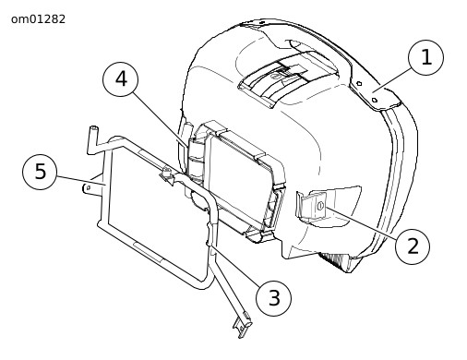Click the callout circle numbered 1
coord(425,57)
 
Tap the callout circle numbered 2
coord(413,246)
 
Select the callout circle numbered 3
coord(273,298)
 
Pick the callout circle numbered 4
coord(120,79)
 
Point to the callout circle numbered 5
coord(40,172)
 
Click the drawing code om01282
coord(38,19)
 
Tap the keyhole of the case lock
coord(320,206)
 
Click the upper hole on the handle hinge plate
coord(359,83)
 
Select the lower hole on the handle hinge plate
coord(375,100)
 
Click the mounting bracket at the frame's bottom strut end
coord(243,325)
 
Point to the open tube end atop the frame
coord(93,128)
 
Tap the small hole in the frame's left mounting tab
coord(89,187)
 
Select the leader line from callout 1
coord(391,79)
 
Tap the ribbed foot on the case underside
coord(335,261)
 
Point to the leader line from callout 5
coord(81,181)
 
